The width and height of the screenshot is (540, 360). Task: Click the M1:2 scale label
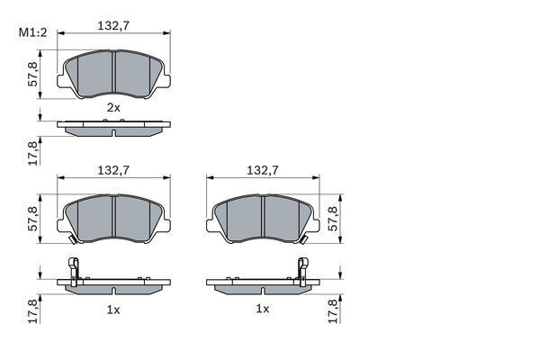32,34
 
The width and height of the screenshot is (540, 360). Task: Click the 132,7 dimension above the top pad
113,25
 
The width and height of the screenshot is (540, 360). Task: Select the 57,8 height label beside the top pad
33,72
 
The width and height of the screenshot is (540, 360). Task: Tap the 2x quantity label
113,107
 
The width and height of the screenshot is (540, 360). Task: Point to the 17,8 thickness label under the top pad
33,151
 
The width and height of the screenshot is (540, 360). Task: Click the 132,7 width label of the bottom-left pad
113,169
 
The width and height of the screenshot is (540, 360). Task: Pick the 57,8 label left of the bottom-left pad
33,219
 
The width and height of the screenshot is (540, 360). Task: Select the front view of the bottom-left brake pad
113,219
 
